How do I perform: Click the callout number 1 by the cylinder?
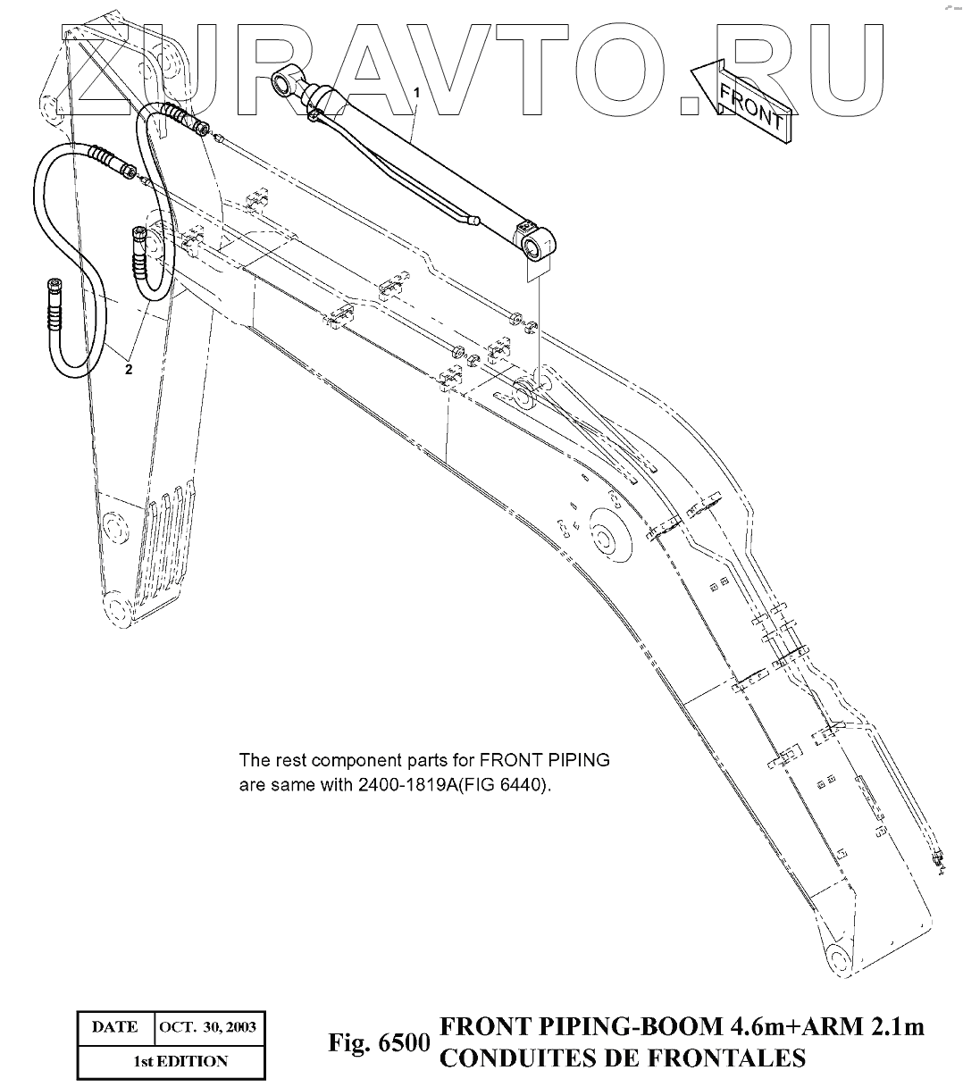(415, 92)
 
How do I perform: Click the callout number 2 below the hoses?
(129, 370)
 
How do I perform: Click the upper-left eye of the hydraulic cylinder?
(286, 84)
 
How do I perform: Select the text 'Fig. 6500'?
(380, 1044)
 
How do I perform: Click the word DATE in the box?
(114, 1026)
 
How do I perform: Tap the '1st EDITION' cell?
(168, 1061)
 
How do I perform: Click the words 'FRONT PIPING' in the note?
(545, 761)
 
